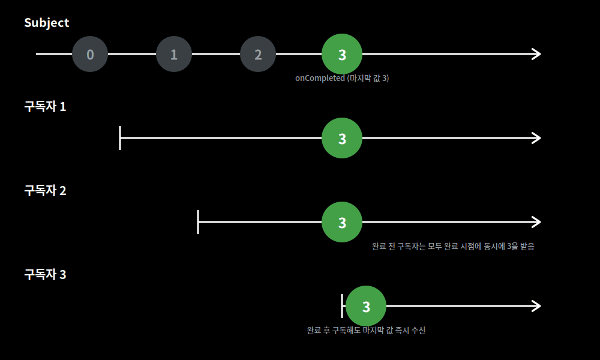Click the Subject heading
47,23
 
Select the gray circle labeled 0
90,54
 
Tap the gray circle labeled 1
174,54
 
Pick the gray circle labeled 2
258,54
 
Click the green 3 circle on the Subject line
342,54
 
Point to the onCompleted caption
342,78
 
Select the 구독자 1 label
45,106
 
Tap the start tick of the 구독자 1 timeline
120,138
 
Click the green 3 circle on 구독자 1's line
342,138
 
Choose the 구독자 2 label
45,190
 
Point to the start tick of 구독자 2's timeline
198,222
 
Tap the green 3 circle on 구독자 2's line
342,222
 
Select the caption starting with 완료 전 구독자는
453,247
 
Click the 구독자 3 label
45,274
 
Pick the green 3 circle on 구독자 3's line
366,306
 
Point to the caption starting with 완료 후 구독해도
366,330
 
